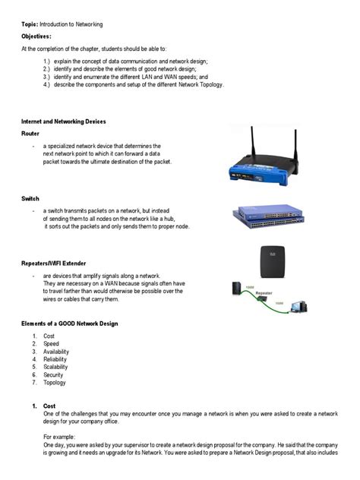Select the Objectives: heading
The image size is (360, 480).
[x=35, y=36]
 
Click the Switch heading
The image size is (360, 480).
[x=30, y=198]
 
